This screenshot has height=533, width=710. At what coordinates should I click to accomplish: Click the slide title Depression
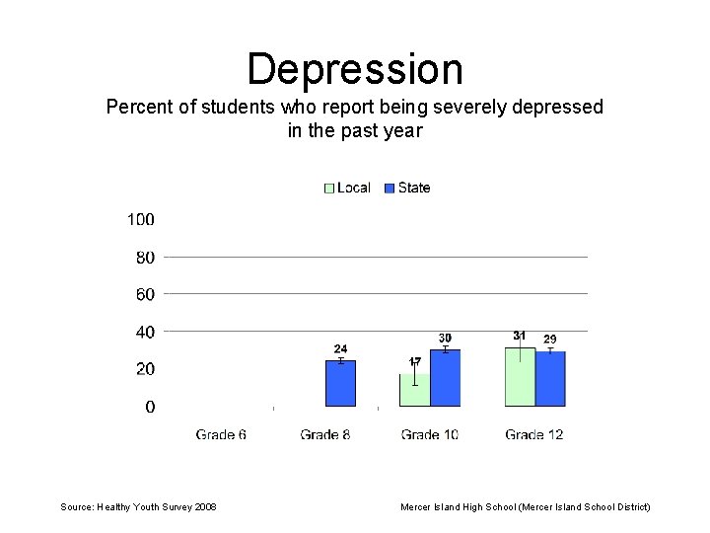[355, 69]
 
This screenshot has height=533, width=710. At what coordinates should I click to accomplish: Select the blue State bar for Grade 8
[340, 384]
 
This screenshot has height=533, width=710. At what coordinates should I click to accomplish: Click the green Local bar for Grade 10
[414, 390]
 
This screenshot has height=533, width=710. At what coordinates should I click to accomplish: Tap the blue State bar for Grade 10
[445, 378]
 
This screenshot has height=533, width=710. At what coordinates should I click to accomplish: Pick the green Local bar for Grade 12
[520, 376]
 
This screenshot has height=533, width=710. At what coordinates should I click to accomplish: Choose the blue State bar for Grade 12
[550, 379]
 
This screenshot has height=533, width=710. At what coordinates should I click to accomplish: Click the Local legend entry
[347, 188]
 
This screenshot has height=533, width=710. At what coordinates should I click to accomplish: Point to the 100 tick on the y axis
[140, 219]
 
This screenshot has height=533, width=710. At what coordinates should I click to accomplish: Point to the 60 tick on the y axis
[144, 294]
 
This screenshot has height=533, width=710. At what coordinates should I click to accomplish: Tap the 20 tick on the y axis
[144, 369]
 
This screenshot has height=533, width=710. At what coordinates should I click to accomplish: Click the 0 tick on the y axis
[149, 407]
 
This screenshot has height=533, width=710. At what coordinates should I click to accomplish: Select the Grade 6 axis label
[221, 434]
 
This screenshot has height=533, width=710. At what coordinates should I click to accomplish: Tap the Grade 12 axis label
[533, 434]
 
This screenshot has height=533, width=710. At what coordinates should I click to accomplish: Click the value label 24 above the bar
[340, 348]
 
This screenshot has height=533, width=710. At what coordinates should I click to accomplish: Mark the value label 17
[415, 361]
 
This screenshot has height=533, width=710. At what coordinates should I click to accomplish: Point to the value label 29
[550, 340]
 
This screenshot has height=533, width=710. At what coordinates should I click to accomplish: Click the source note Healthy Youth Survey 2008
[138, 506]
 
